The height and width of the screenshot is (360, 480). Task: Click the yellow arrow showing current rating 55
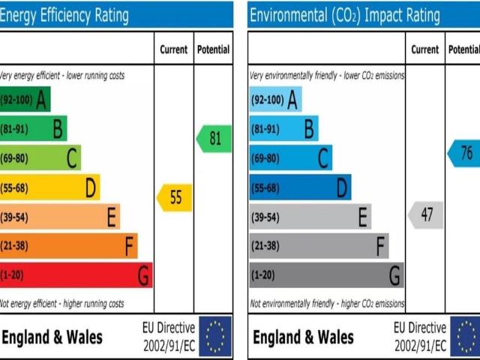[175, 198]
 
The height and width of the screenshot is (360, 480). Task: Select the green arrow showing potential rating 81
[214, 139]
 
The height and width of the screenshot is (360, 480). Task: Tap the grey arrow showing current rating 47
[425, 215]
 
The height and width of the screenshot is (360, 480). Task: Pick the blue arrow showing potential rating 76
[465, 153]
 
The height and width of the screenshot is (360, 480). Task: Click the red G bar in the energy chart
[75, 275]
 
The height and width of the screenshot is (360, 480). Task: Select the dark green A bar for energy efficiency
[25, 99]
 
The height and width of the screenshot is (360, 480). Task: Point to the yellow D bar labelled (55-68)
[49, 187]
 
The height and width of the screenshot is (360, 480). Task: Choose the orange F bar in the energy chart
[68, 245]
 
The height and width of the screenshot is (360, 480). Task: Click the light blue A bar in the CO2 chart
[274, 99]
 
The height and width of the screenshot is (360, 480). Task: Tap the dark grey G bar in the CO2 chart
[326, 275]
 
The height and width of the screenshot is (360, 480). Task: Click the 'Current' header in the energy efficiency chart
[174, 49]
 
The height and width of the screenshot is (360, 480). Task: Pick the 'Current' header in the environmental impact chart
[425, 49]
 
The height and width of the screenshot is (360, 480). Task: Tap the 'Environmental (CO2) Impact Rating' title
[344, 15]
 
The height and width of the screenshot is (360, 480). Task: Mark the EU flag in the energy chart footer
[215, 337]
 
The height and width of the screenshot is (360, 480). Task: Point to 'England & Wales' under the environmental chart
[303, 337]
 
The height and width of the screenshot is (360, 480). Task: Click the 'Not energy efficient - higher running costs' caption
[62, 304]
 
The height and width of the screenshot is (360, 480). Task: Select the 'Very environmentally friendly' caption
[327, 76]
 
